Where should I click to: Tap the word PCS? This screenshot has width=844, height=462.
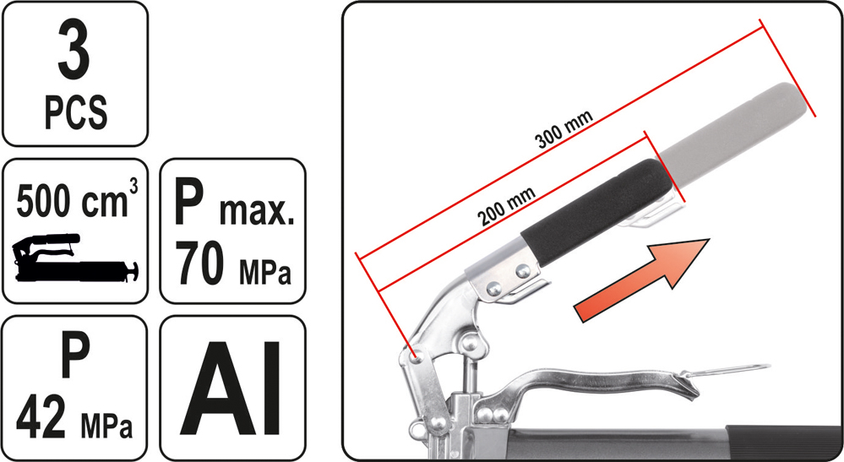pyautogui.click(x=75, y=111)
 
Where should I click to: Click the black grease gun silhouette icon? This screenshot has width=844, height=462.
pyautogui.click(x=75, y=258)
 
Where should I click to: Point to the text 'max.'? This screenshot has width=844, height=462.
pyautogui.click(x=257, y=212)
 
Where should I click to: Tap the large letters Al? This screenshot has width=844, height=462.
pyautogui.click(x=231, y=388)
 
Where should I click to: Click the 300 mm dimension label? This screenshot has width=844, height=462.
pyautogui.click(x=564, y=129)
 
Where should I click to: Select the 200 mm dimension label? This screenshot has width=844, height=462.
pyautogui.click(x=506, y=206)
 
